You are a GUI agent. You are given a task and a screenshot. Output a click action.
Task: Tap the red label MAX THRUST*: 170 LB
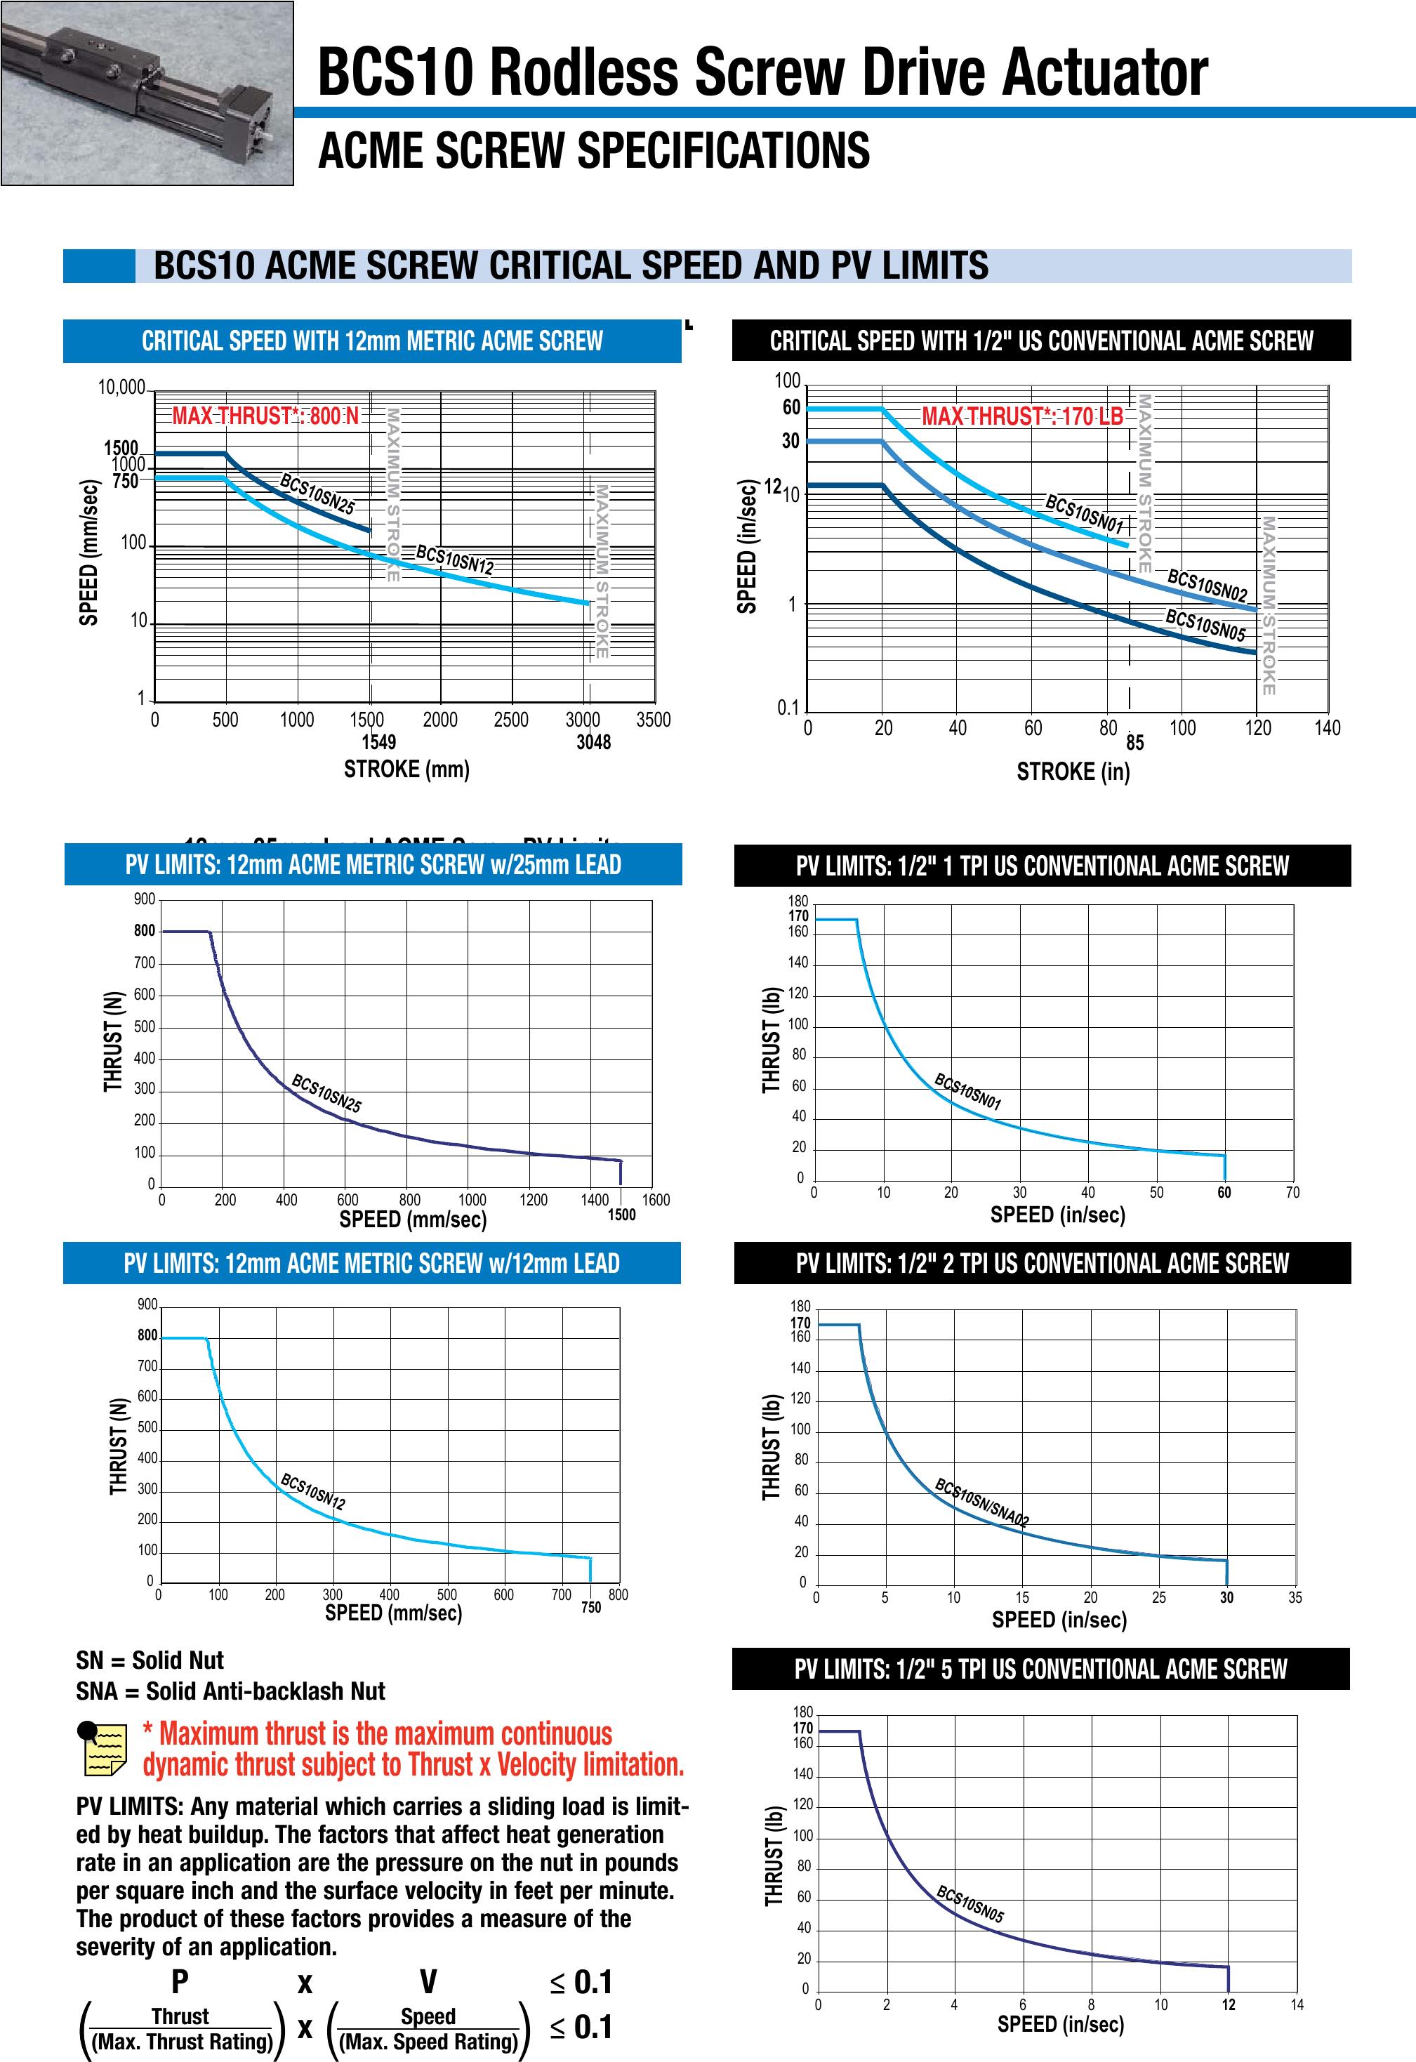pyautogui.click(x=1022, y=416)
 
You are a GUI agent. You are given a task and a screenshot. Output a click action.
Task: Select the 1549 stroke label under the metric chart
pyautogui.click(x=379, y=743)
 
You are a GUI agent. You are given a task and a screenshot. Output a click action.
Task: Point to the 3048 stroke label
pyautogui.click(x=593, y=743)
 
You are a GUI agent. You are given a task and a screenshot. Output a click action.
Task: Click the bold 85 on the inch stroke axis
pyautogui.click(x=1134, y=743)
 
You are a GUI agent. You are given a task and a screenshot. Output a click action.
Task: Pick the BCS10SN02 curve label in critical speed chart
pyautogui.click(x=1207, y=586)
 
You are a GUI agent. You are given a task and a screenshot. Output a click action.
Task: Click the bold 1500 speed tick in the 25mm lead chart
pyautogui.click(x=621, y=1215)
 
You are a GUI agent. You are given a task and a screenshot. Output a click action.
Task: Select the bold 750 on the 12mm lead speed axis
pyautogui.click(x=591, y=1607)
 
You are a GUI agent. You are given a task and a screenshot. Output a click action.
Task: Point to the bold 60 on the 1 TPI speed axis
pyautogui.click(x=1224, y=1194)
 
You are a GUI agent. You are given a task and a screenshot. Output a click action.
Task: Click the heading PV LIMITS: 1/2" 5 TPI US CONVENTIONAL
pyautogui.click(x=1040, y=1670)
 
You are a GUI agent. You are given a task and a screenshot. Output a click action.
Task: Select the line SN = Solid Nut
pyautogui.click(x=150, y=1661)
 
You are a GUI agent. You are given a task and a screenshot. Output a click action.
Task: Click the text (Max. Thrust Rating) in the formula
pyautogui.click(x=182, y=2042)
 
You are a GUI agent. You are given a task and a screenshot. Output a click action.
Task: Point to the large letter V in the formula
pyautogui.click(x=428, y=1982)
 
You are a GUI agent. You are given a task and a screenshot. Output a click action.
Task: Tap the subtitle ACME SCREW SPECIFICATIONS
pyautogui.click(x=593, y=150)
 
